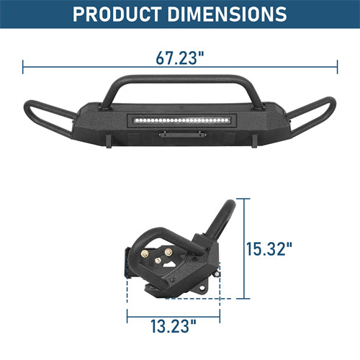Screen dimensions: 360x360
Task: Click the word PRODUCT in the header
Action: click(120, 14)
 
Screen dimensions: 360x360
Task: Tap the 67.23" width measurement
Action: click(179, 58)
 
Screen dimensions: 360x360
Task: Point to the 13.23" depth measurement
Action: click(173, 328)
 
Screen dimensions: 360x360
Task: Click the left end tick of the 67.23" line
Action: click(23, 68)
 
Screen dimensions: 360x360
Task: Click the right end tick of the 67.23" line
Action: click(337, 68)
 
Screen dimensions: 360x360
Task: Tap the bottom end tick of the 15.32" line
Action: click(245, 297)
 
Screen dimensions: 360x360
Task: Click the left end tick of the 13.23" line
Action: click(127, 315)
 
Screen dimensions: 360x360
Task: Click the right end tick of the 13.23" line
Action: click(219, 315)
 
